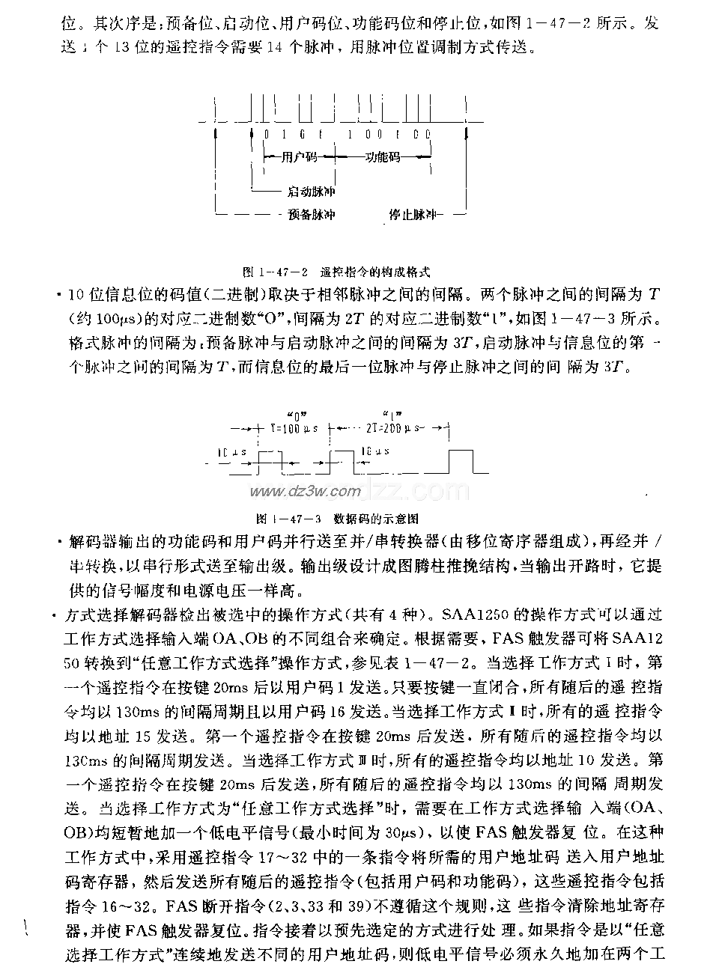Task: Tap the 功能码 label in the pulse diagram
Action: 383,157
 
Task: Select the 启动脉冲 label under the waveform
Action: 311,192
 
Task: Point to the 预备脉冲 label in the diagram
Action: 311,215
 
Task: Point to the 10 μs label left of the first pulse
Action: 228,453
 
